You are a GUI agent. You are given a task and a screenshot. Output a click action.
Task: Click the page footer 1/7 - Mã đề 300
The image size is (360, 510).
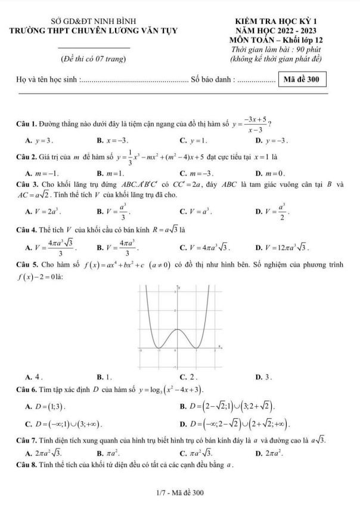pyautogui.click(x=180, y=493)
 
